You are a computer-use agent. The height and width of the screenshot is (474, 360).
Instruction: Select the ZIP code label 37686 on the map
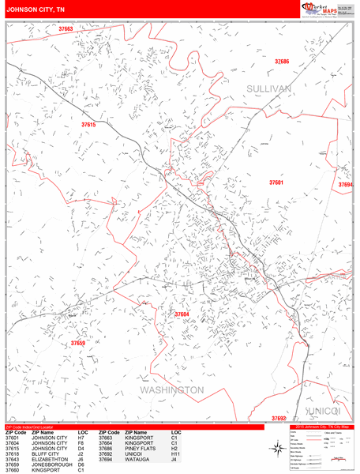coord(282,61)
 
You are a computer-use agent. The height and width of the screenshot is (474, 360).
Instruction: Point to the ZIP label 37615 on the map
coord(88,124)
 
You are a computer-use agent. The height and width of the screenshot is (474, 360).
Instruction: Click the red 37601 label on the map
coord(276,182)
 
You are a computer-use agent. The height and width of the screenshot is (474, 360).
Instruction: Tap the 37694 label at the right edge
coord(346,185)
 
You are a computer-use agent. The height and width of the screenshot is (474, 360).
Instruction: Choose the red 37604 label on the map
coord(182,314)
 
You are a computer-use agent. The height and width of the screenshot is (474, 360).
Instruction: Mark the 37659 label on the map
coord(77,344)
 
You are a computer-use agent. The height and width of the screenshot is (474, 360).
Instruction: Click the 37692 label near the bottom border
coord(279,418)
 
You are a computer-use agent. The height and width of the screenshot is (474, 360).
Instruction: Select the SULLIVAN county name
coord(268,88)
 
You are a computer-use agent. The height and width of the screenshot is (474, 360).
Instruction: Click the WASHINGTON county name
coord(172,390)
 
